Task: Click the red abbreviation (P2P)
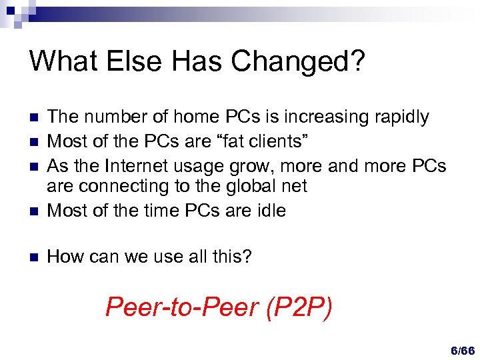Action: click(x=298, y=307)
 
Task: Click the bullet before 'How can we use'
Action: click(x=35, y=256)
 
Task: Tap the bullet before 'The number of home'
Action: click(x=35, y=118)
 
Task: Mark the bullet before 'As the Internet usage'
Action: click(x=35, y=165)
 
